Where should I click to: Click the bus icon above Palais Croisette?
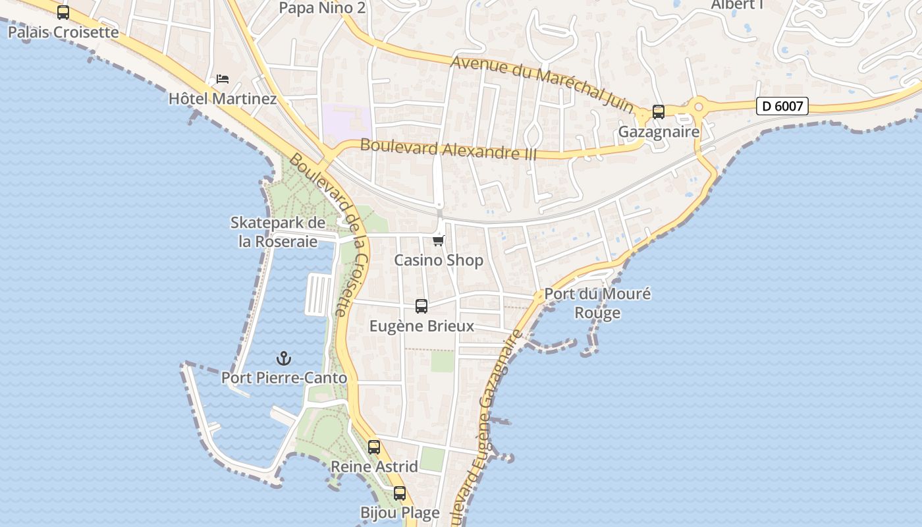tap(63, 12)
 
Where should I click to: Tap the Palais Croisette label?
tap(63, 32)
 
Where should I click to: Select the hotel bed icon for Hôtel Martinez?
tap(223, 79)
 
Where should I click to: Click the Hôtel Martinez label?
tap(223, 99)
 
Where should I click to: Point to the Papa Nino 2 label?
tap(322, 8)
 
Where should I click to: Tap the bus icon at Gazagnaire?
tap(659, 111)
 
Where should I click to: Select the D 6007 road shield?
tap(782, 105)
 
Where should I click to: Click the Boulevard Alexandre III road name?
tap(448, 150)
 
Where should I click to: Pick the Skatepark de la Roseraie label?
tap(278, 232)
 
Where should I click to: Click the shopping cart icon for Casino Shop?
tap(439, 240)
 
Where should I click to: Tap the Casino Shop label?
tap(439, 260)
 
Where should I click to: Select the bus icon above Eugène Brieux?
tap(421, 306)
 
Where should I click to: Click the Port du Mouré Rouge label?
tap(597, 303)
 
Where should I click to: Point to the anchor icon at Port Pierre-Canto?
tap(284, 358)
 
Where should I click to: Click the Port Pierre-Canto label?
tap(284, 378)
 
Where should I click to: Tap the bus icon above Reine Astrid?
tap(374, 447)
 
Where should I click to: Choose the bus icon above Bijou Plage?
tap(400, 493)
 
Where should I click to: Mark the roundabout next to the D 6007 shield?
tap(699, 105)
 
